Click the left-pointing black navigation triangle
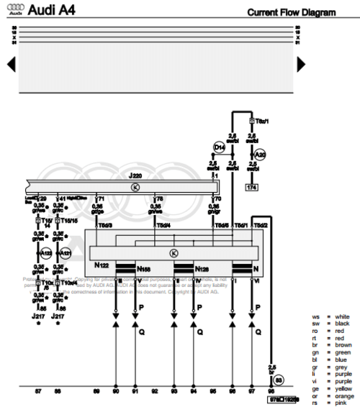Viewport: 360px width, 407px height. (x=11, y=64)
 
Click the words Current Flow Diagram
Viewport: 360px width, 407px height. (x=291, y=12)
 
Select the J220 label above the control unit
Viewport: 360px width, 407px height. (x=135, y=175)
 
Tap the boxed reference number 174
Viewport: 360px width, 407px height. (x=252, y=187)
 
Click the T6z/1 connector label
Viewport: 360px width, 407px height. (x=257, y=122)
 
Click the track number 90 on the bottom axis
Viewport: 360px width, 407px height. (x=115, y=392)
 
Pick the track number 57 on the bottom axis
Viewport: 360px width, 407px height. (x=37, y=392)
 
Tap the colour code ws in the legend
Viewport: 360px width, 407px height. (x=315, y=316)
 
